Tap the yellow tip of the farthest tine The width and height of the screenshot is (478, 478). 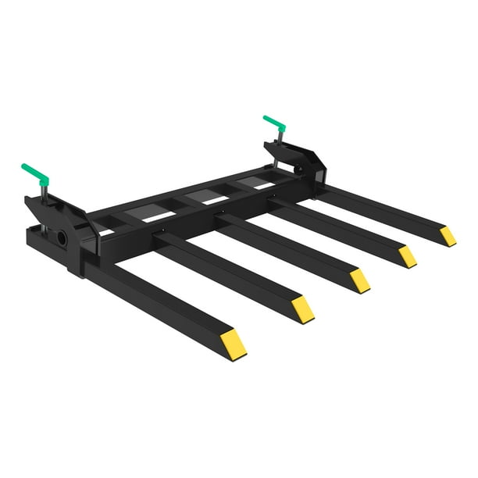coord(447,236)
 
